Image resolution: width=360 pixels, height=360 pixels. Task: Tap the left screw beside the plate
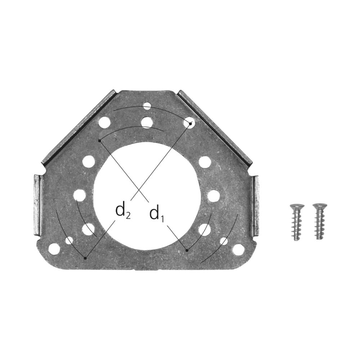[x=297, y=222]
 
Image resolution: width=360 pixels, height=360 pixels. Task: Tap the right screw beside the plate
[x=320, y=221]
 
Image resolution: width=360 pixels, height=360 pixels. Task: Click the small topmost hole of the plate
[x=147, y=106]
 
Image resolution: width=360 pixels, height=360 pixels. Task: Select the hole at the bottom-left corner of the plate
[x=54, y=248]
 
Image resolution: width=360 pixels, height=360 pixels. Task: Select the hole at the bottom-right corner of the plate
[x=238, y=250]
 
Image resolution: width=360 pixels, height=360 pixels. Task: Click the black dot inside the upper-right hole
[x=190, y=124]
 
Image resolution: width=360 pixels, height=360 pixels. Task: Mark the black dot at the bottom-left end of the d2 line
[x=85, y=258]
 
